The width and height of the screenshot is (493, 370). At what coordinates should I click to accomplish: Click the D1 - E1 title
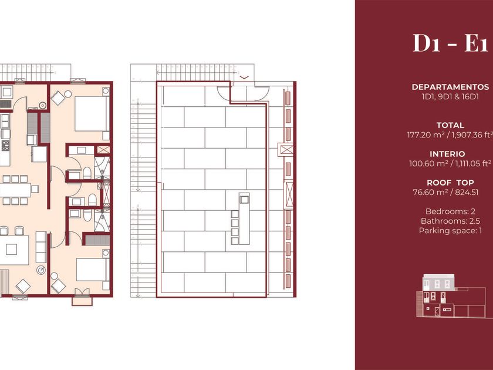click(451, 43)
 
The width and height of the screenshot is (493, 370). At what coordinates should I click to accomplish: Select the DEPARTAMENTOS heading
click(450, 87)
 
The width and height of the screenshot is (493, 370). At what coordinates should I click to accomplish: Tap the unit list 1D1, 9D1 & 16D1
click(450, 96)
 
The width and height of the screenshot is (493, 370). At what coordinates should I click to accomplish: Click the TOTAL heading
click(450, 125)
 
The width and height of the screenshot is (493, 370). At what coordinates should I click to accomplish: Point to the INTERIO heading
click(447, 154)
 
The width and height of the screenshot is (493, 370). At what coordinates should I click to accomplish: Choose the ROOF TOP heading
click(450, 183)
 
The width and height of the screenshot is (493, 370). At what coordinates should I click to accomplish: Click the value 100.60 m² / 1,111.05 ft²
click(450, 164)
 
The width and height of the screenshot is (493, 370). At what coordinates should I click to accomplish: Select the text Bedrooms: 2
click(450, 211)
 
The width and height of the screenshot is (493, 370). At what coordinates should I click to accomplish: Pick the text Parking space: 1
click(450, 231)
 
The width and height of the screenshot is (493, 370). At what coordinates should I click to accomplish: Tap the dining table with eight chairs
click(15, 190)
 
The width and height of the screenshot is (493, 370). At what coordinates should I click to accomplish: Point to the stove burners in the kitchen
click(5, 146)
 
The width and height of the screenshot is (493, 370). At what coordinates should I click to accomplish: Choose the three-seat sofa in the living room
click(41, 247)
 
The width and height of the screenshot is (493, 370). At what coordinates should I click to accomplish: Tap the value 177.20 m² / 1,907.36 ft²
click(450, 134)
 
